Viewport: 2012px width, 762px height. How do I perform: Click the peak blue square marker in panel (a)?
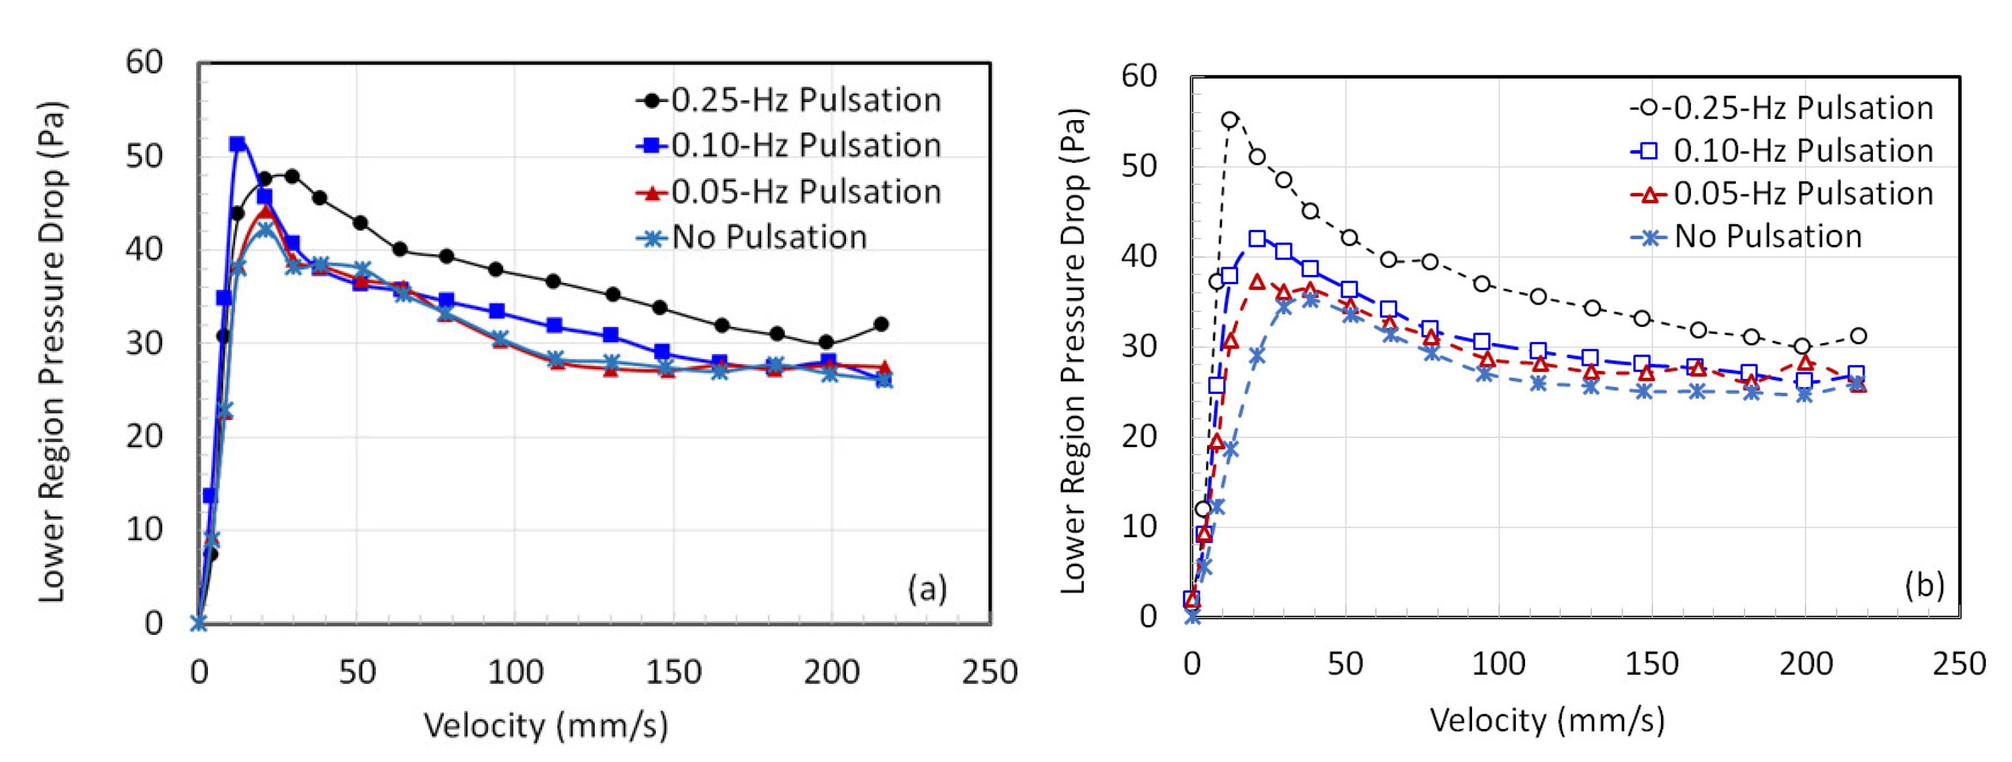click(x=237, y=143)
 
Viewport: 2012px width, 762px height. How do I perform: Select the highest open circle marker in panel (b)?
click(x=1229, y=120)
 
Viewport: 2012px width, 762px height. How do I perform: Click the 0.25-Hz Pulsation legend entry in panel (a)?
click(x=789, y=101)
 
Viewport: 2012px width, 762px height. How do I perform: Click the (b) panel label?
click(x=1924, y=584)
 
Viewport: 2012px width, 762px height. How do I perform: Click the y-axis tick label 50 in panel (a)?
click(x=145, y=156)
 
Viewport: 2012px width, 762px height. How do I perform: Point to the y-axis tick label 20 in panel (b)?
click(x=1138, y=436)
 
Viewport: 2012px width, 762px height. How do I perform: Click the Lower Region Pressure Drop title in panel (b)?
click(x=1074, y=351)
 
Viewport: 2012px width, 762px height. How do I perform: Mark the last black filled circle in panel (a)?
click(x=881, y=324)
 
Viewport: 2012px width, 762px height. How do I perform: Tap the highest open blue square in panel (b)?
click(x=1256, y=239)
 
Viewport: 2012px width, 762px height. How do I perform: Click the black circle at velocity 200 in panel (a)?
click(x=826, y=342)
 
